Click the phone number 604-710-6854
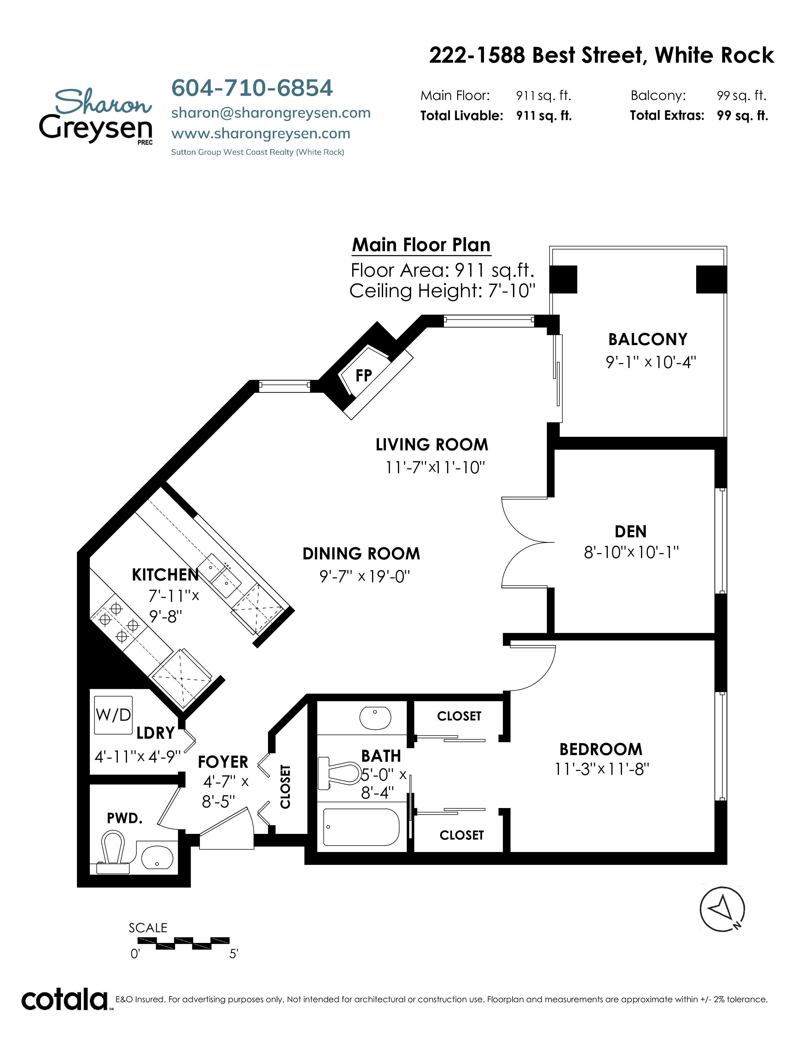tap(252, 88)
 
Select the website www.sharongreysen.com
tap(260, 134)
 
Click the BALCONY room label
tap(648, 339)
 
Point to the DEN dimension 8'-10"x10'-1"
tap(631, 552)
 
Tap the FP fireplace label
tap(364, 376)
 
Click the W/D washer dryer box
tap(114, 715)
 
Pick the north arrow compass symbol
tap(722, 909)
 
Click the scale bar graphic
tap(184, 943)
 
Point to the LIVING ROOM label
tap(432, 445)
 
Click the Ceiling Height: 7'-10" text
tap(442, 291)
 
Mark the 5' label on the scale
tap(234, 954)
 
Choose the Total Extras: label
tap(667, 116)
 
